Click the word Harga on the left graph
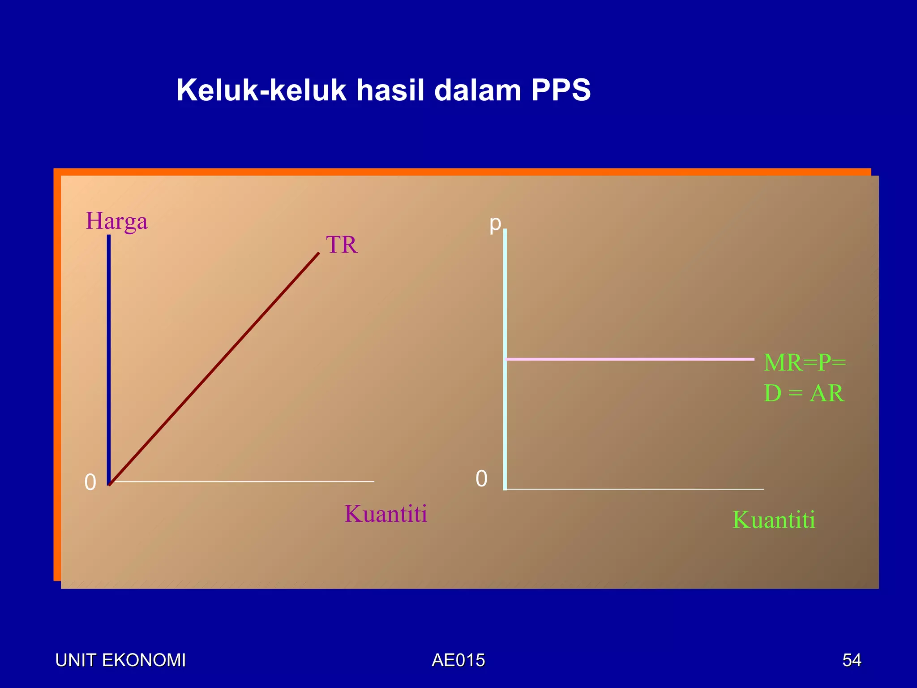coord(116,221)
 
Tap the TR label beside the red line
coord(342,245)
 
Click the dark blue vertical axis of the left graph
coord(109,358)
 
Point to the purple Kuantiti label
coord(386,514)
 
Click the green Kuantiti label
coord(773,520)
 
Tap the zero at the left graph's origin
coord(90,482)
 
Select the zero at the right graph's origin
coord(481,479)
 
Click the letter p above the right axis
coord(495,223)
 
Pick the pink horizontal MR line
coord(627,359)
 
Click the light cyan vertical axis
coord(505,358)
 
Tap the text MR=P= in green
coord(805,362)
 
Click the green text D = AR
coord(804,393)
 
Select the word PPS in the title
coord(561,90)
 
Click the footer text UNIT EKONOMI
coord(120,660)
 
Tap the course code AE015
coord(458,660)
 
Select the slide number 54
coord(851,660)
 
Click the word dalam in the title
coord(478,90)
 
